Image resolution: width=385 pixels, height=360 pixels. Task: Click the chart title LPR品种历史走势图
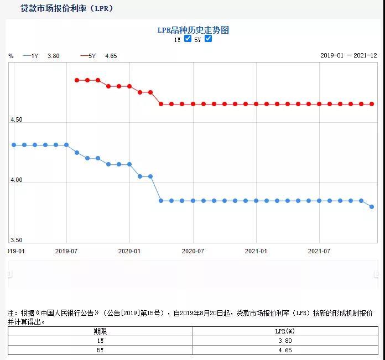point(192,30)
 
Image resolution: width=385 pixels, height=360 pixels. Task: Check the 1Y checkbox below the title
point(188,39)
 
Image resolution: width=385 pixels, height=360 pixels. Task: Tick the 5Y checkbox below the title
point(208,39)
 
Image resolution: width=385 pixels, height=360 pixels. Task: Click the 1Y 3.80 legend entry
point(42,56)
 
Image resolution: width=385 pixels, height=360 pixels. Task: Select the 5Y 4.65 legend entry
point(99,56)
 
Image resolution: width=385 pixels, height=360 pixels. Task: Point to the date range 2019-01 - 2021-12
point(348,55)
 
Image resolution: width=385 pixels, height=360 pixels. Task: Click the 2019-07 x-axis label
point(66,251)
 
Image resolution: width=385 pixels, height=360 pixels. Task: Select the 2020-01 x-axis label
point(129,251)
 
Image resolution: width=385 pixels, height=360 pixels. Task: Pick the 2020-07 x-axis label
point(193,251)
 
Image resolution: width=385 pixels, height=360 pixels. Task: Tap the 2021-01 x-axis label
point(256,251)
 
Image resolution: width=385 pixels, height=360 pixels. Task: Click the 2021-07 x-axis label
point(319,251)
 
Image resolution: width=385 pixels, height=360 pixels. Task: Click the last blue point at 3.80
point(372,207)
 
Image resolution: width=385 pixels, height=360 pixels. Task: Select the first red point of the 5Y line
point(77,80)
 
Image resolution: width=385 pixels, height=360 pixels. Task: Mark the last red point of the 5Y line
point(372,104)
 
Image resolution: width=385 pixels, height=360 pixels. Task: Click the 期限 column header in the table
point(100,331)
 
